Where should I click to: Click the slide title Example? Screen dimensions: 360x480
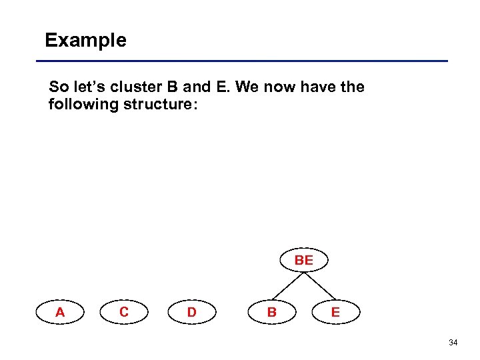pyautogui.click(x=85, y=41)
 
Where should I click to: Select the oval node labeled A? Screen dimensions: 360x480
pyautogui.click(x=61, y=312)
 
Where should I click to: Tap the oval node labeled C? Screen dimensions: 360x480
pyautogui.click(x=124, y=312)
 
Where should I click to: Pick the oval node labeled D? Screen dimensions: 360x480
pyautogui.click(x=191, y=312)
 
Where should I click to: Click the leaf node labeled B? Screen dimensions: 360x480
pyautogui.click(x=271, y=312)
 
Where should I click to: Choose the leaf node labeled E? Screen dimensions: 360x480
pyautogui.click(x=335, y=312)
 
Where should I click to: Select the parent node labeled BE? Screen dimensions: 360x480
pyautogui.click(x=303, y=261)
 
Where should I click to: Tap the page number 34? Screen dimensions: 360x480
pyautogui.click(x=453, y=343)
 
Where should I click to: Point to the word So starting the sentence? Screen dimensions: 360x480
pyautogui.click(x=57, y=87)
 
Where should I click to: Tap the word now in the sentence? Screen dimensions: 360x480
pyautogui.click(x=281, y=87)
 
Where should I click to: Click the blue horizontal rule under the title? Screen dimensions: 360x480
pyautogui.click(x=247, y=61)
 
